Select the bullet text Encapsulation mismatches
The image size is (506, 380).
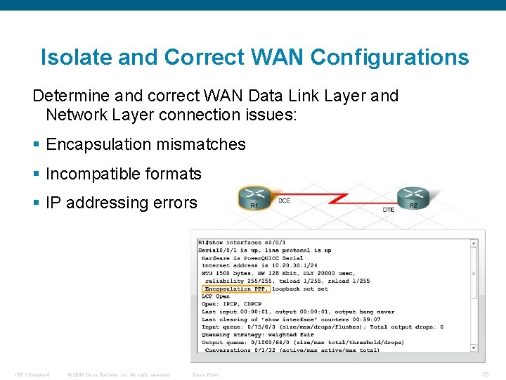[x=145, y=145]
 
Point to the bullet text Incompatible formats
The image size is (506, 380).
[x=124, y=174]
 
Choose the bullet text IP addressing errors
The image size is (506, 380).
[x=122, y=203]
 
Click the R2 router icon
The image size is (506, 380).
[x=413, y=197]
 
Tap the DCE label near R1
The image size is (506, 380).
[x=285, y=201]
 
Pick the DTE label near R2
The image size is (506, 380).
[x=389, y=209]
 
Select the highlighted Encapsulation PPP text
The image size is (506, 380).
[x=235, y=289]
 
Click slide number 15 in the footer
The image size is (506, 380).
[x=485, y=374]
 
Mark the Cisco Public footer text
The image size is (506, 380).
[x=206, y=374]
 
